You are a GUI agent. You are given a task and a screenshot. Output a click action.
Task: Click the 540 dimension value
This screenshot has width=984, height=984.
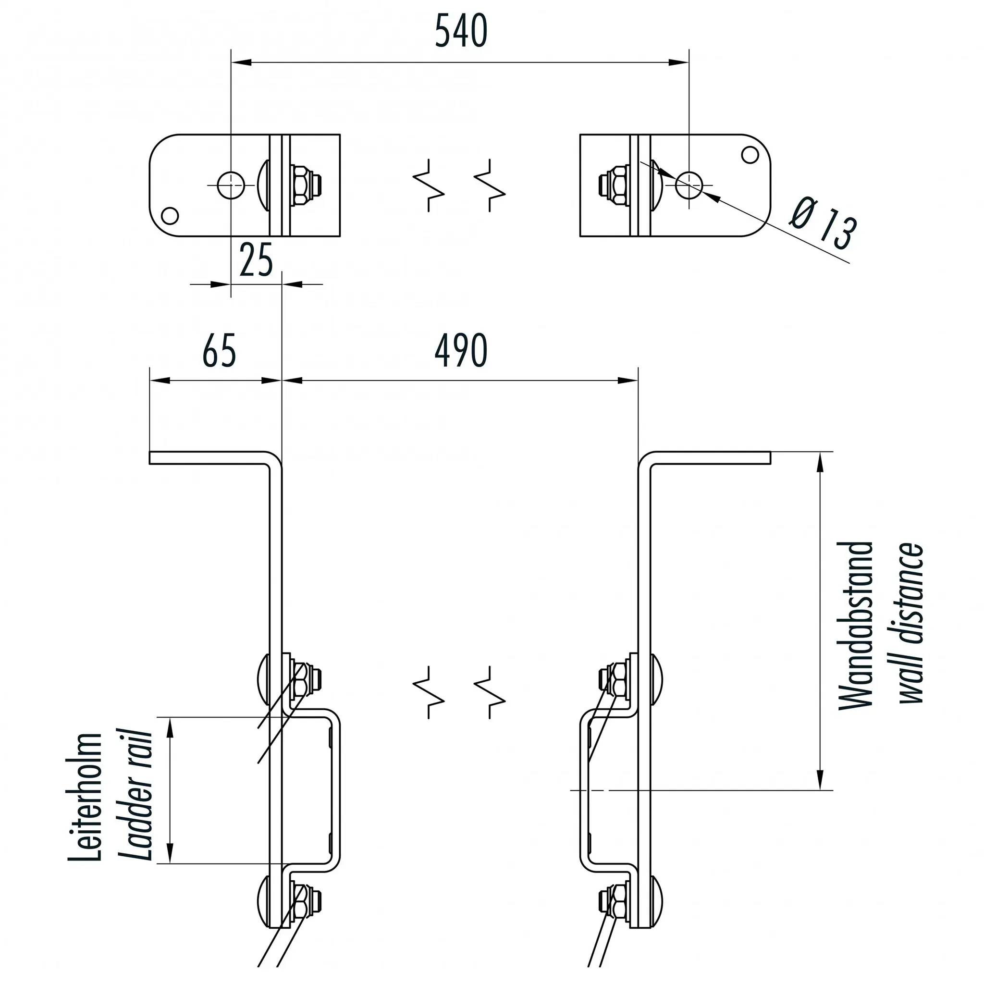461,31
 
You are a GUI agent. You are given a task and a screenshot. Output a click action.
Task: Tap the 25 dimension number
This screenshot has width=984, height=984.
256,259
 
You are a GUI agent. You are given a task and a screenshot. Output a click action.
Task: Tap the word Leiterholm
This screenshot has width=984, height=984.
85,797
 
